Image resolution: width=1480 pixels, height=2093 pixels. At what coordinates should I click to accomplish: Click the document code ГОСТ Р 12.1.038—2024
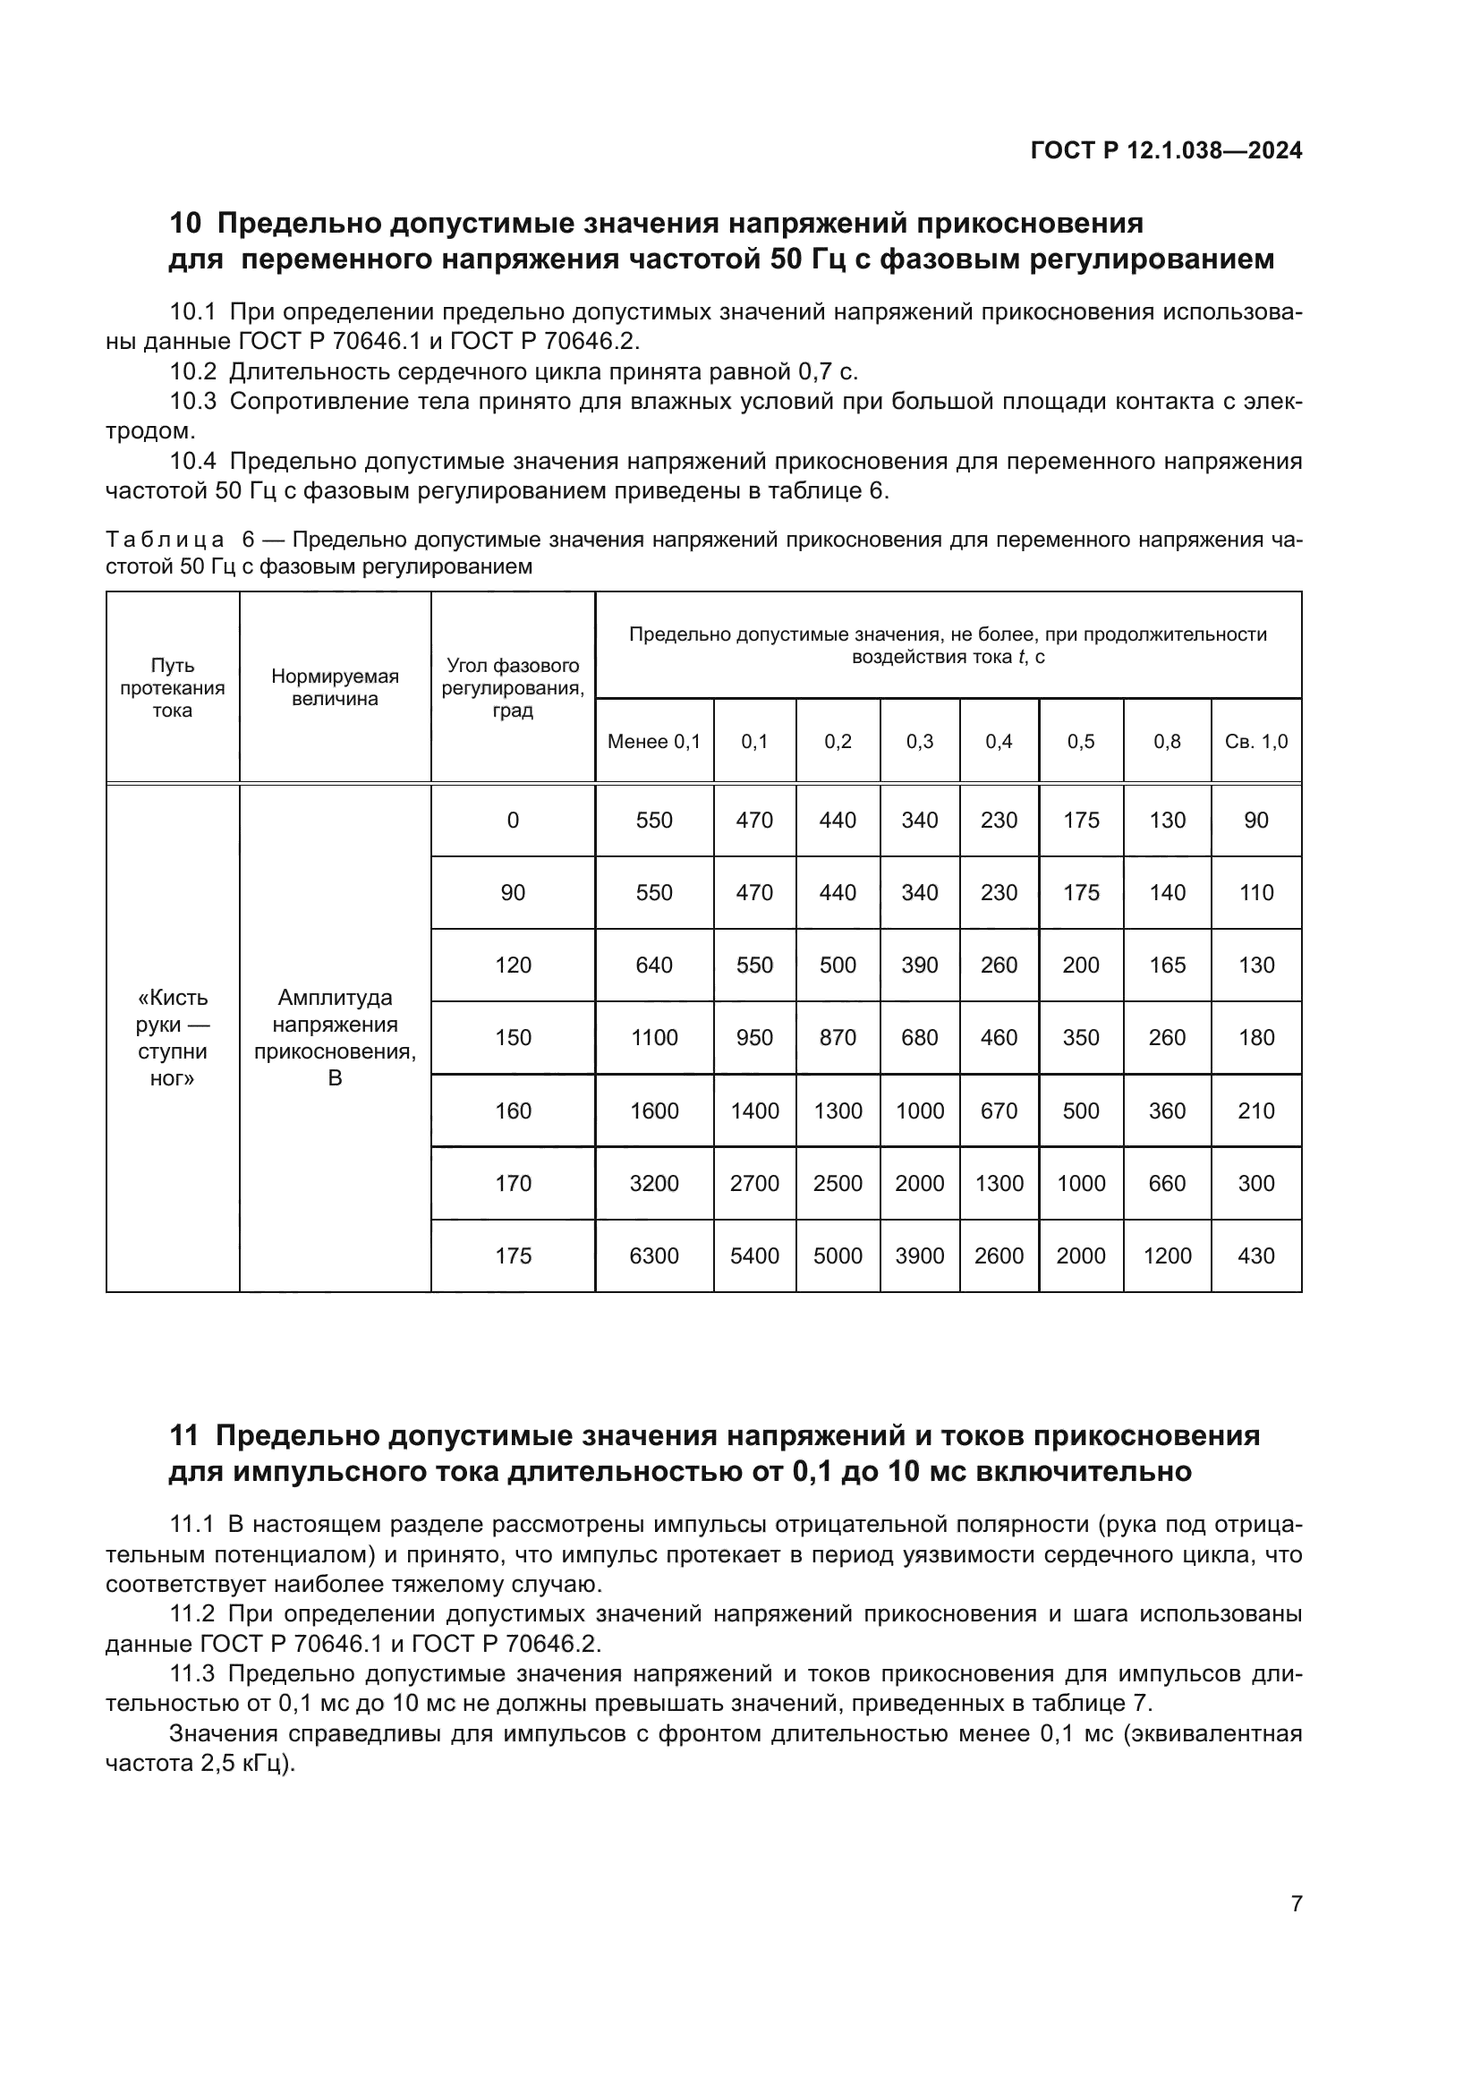(1166, 150)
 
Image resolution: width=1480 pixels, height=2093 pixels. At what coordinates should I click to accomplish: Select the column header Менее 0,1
(653, 741)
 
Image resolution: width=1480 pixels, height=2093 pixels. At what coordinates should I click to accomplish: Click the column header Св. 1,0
(1255, 741)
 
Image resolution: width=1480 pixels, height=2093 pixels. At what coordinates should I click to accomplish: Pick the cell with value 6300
(653, 1255)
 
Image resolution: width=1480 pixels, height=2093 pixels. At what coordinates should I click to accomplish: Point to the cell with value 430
(1255, 1255)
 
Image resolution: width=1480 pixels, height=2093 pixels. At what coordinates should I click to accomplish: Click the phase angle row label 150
(512, 1037)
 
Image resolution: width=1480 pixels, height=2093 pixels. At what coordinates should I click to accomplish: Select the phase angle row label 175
(512, 1255)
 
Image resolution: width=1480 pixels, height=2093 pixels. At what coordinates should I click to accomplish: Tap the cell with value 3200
(653, 1183)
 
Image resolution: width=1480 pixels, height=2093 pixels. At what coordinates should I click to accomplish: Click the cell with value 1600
(653, 1110)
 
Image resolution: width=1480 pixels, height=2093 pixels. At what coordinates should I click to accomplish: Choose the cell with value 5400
(753, 1255)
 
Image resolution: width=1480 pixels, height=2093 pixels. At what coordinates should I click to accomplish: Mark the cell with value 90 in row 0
(1255, 820)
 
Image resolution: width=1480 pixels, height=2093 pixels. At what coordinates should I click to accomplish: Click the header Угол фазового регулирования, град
(512, 687)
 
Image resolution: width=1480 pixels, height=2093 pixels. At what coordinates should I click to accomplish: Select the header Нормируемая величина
(335, 687)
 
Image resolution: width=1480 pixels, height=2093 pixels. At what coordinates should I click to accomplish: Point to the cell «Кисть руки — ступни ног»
(172, 1037)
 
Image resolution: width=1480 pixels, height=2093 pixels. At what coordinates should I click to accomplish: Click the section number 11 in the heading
(183, 1435)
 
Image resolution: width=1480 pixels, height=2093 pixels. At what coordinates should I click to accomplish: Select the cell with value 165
(1167, 965)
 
